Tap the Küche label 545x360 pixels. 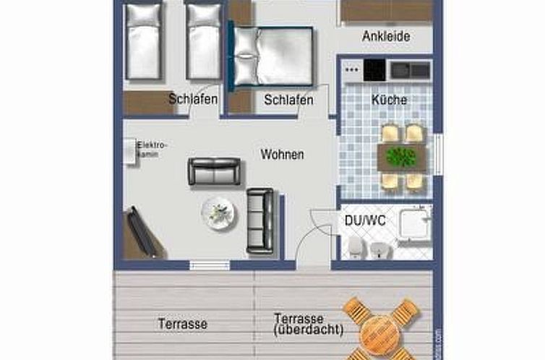389,100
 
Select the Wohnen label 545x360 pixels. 282,155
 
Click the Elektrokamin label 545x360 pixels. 152,149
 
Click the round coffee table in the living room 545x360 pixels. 218,212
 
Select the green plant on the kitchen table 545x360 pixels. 401,156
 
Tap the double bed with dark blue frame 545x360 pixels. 272,56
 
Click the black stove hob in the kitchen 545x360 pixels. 374,70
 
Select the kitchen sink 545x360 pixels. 410,70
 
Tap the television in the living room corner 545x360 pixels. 141,233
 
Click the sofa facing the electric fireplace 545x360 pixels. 214,171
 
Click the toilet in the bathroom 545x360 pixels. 355,248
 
